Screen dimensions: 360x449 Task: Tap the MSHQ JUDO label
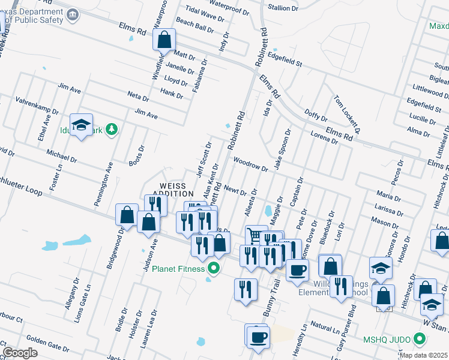pos(386,340)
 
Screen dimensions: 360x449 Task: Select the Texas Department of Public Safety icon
pos(73,14)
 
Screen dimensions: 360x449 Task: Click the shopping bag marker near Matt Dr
pos(164,41)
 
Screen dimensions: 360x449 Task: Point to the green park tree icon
pos(110,129)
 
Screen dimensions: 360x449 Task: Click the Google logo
pos(20,353)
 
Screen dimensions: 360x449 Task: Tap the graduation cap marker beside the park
pos(81,126)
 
